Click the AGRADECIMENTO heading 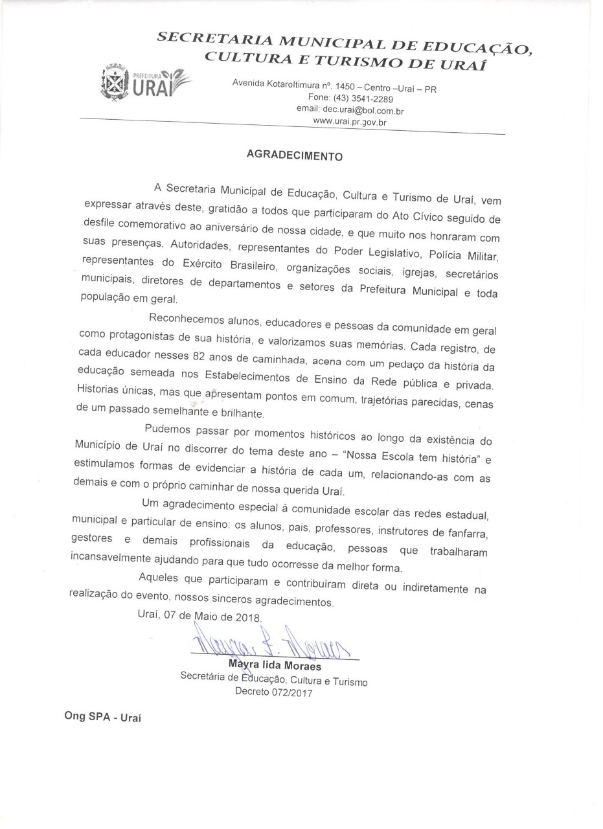coord(294,156)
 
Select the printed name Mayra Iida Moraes coord(275,666)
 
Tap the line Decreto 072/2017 coord(273,693)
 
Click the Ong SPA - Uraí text coord(102,717)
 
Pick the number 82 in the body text coord(200,356)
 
